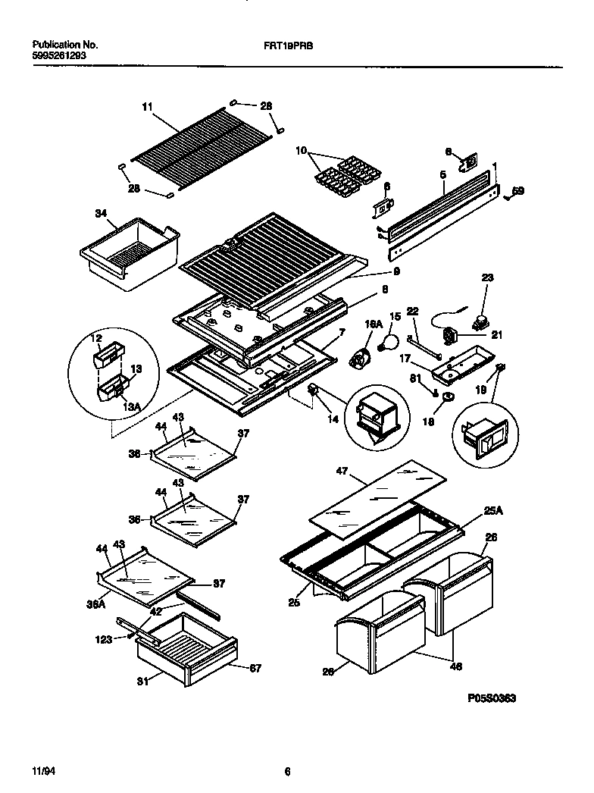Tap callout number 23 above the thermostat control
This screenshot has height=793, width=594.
coord(487,278)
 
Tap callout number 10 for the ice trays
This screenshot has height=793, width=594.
coord(301,151)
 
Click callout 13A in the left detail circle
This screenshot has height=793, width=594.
coord(132,406)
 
